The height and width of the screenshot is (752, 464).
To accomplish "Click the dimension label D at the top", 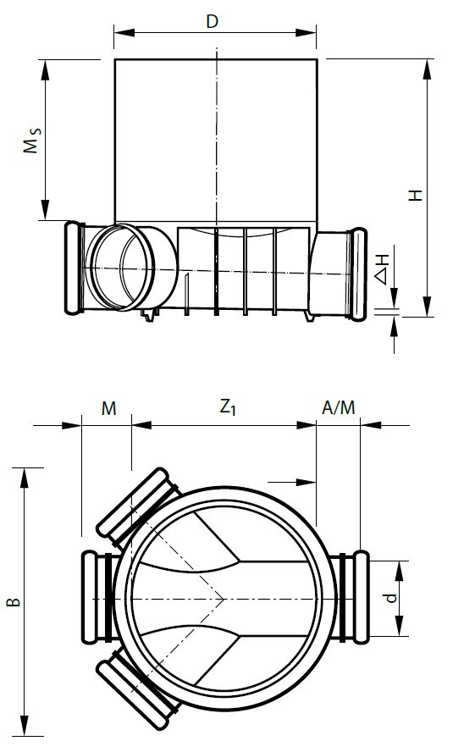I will tap(214, 21).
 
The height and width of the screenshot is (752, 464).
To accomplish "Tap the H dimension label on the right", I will tap(415, 194).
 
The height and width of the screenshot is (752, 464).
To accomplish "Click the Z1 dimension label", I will tap(226, 407).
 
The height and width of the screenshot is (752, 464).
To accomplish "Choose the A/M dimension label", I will tap(339, 408).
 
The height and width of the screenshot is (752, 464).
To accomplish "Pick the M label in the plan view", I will tap(108, 408).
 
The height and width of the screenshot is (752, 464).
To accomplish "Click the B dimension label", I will tap(13, 602).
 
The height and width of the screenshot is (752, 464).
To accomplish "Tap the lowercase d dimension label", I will tap(390, 598).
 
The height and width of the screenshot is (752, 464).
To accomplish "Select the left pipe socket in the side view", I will tap(74, 267).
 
